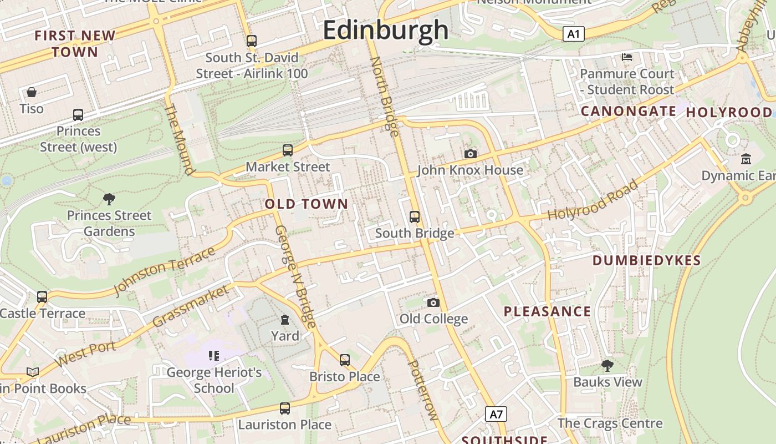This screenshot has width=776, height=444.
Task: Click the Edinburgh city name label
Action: (x=385, y=29)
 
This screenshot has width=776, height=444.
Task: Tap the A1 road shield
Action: (x=573, y=34)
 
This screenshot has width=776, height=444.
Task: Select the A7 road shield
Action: (x=496, y=413)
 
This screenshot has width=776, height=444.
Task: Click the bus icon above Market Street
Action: (x=287, y=150)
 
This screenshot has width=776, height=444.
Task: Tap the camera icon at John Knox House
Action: (x=470, y=154)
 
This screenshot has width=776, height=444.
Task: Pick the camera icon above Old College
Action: (x=433, y=302)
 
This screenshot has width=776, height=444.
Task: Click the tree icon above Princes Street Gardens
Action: (x=109, y=199)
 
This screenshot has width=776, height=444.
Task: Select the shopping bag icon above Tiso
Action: (x=32, y=92)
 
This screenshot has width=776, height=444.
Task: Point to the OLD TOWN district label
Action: (x=307, y=204)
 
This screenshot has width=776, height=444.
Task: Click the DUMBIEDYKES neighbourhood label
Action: (x=647, y=260)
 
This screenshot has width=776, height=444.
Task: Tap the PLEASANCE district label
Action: (x=547, y=311)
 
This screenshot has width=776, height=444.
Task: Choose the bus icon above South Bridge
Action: (x=415, y=217)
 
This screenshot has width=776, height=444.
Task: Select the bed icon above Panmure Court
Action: (x=626, y=57)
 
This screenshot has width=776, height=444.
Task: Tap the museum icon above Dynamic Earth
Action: (x=746, y=159)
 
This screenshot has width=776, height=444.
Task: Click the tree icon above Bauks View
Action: (x=607, y=365)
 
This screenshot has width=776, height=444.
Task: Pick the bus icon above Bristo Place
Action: (x=345, y=360)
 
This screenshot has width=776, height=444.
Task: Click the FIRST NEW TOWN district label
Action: (x=75, y=44)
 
